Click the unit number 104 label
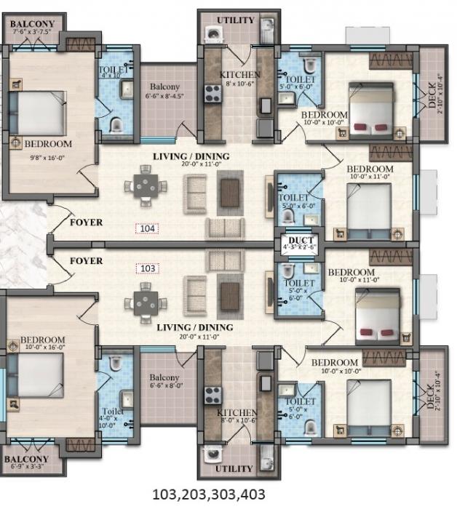pyautogui.click(x=148, y=228)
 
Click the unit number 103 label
pyautogui.click(x=148, y=268)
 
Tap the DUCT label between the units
pyautogui.click(x=290, y=239)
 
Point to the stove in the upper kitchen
pyautogui.click(x=212, y=92)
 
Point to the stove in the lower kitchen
pyautogui.click(x=212, y=395)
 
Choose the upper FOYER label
pyautogui.click(x=86, y=223)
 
